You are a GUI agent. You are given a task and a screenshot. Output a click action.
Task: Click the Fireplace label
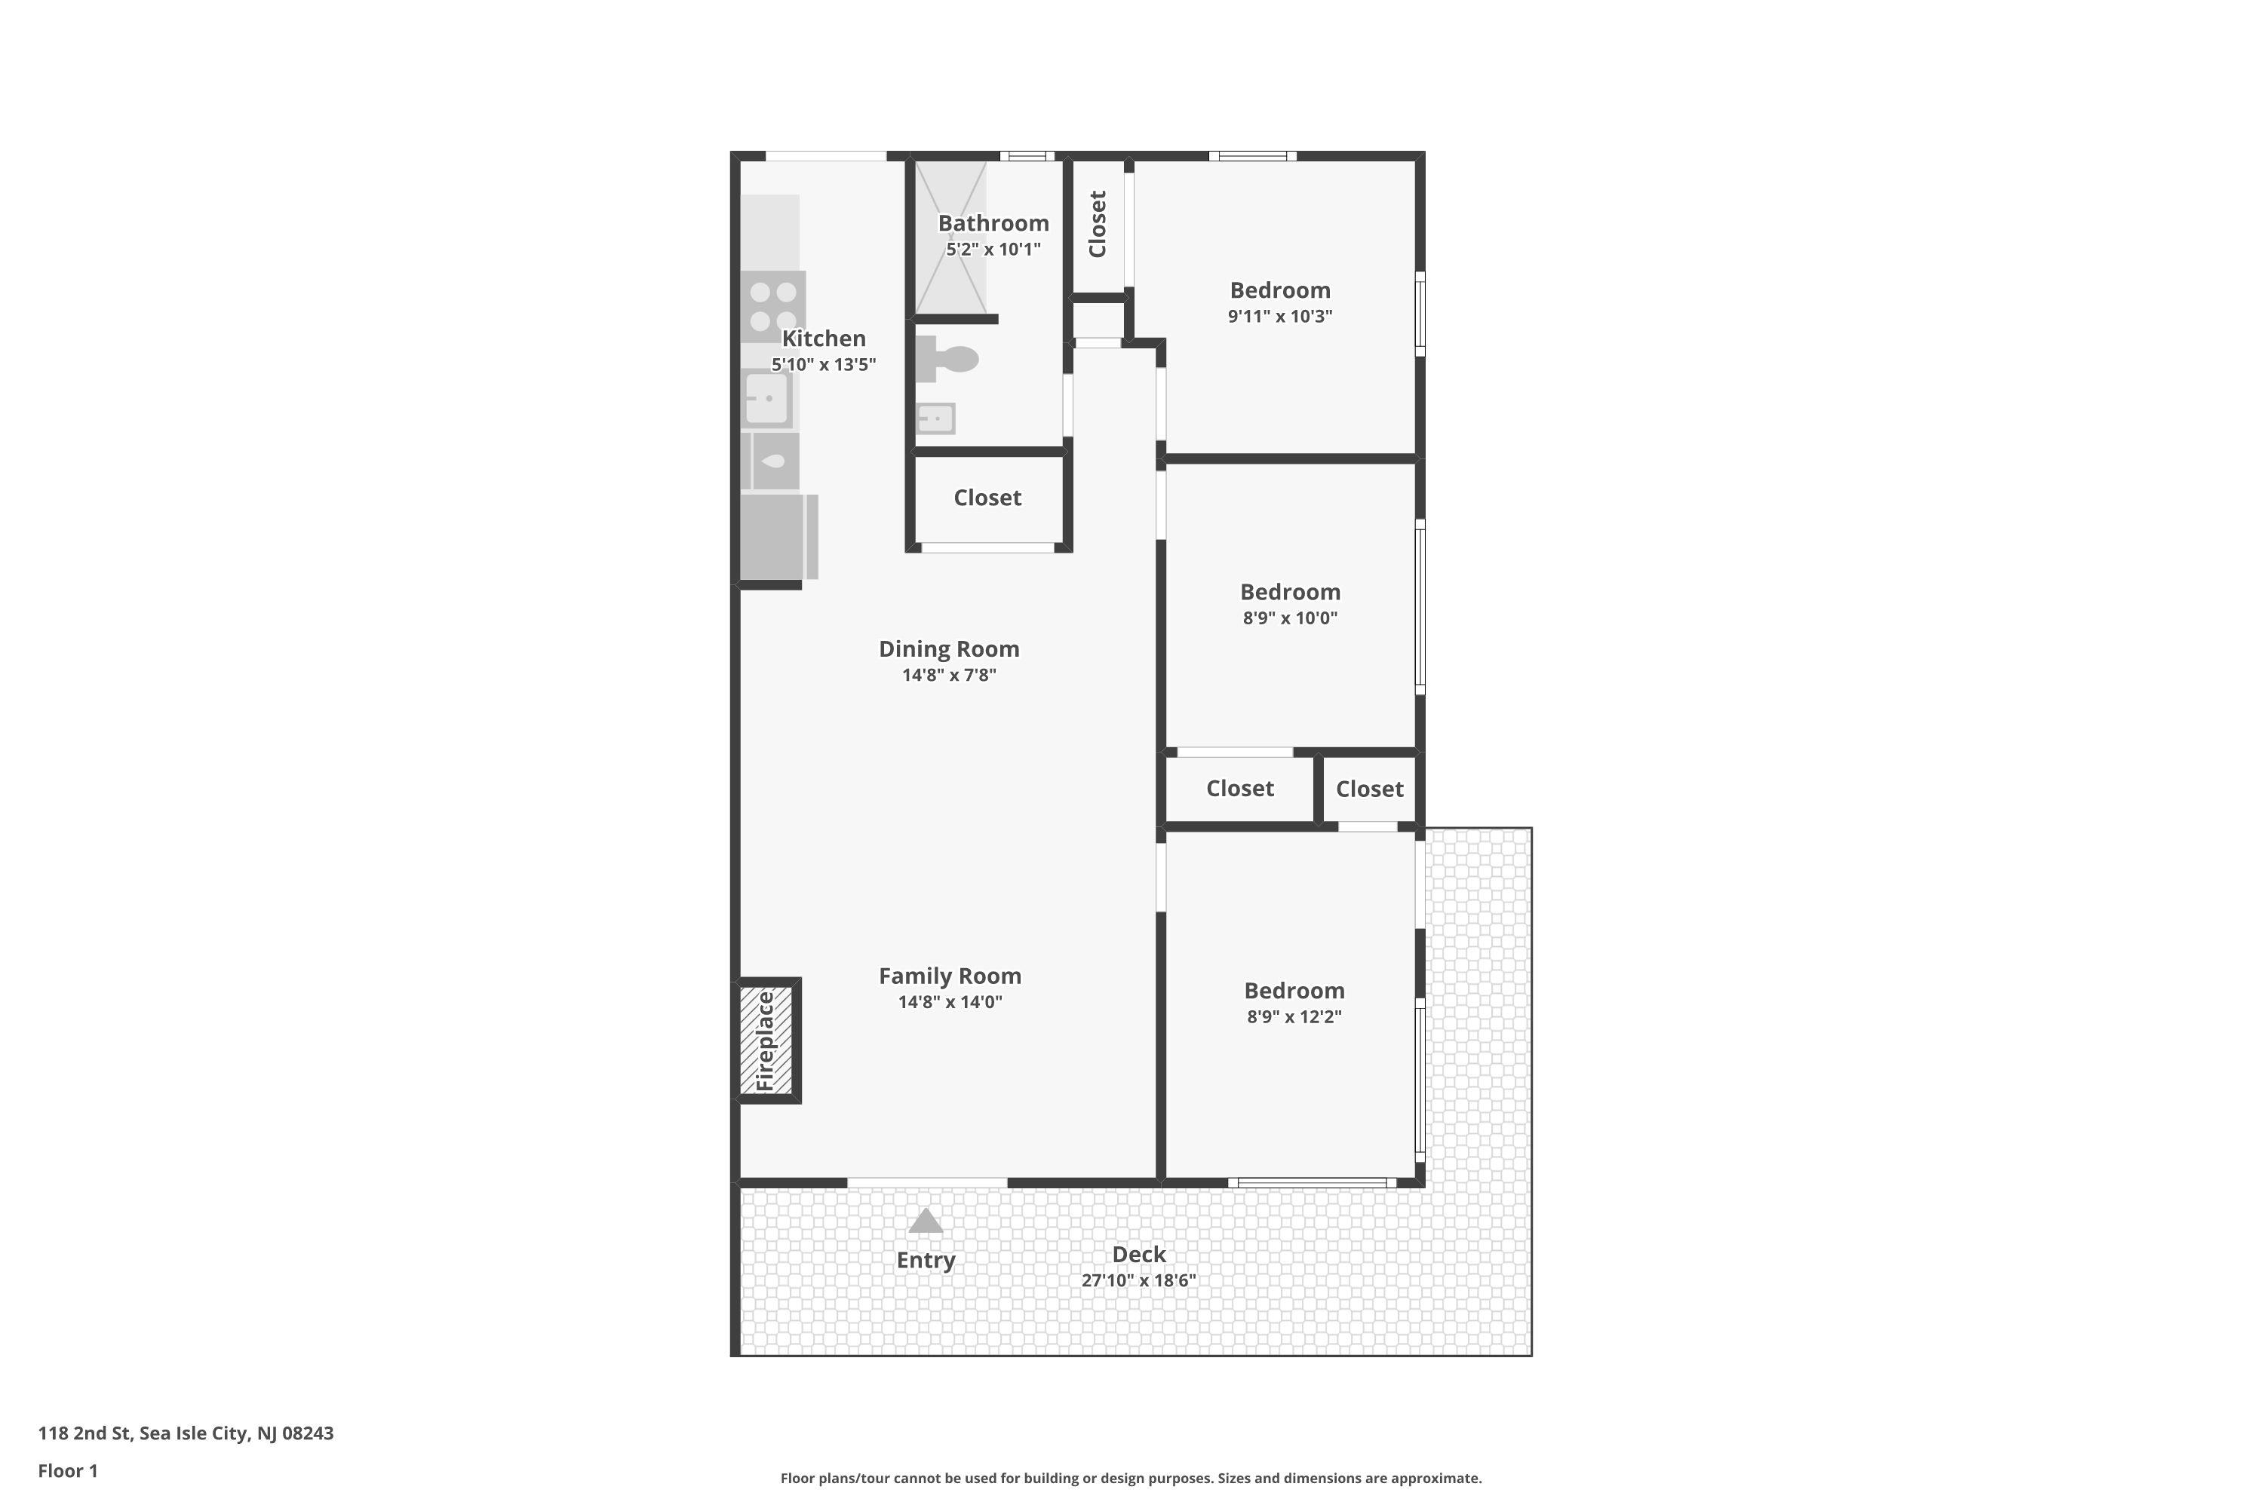pyautogui.click(x=766, y=1041)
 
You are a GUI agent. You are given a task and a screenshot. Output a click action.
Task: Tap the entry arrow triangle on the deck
pyautogui.click(x=926, y=1221)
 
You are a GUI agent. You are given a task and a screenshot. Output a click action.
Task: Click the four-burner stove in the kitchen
pyautogui.click(x=772, y=306)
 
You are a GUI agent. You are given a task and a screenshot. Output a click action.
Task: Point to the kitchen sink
pyautogui.click(x=767, y=398)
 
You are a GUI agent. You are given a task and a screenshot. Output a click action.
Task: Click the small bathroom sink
pyautogui.click(x=935, y=418)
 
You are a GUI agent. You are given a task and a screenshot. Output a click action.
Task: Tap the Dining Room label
pyautogui.click(x=949, y=649)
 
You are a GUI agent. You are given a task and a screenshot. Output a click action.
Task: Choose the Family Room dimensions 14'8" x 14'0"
pyautogui.click(x=950, y=1002)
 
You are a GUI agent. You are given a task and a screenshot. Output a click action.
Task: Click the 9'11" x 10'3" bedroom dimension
pyautogui.click(x=1279, y=317)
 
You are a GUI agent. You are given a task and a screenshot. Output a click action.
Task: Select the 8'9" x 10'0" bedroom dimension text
pyautogui.click(x=1289, y=618)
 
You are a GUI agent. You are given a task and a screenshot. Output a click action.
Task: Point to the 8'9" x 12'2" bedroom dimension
pyautogui.click(x=1294, y=1016)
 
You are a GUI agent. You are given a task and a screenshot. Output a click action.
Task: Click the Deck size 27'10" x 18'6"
pyautogui.click(x=1138, y=1280)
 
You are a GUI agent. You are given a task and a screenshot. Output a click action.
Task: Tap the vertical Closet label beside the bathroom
pyautogui.click(x=1098, y=224)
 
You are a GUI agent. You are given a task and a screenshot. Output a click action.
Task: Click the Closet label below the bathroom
pyautogui.click(x=987, y=498)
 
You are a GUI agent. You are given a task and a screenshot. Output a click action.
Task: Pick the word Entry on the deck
pyautogui.click(x=926, y=1260)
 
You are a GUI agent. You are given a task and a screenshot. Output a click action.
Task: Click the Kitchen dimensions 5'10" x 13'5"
pyautogui.click(x=824, y=364)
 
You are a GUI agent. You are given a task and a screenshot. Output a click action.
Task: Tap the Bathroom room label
pyautogui.click(x=993, y=223)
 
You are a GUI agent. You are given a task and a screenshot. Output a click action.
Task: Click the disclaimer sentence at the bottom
pyautogui.click(x=1131, y=1478)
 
